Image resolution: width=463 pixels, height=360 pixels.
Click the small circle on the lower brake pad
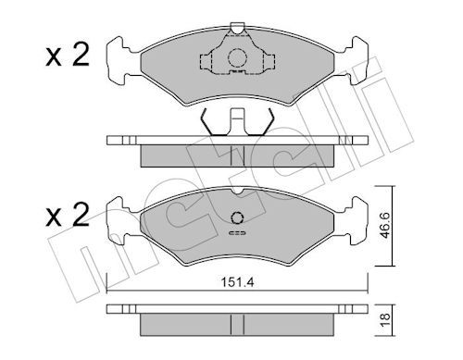coord(236,219)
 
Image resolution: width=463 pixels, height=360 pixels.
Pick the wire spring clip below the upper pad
coord(236,121)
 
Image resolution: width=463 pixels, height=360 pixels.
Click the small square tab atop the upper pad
coord(236,28)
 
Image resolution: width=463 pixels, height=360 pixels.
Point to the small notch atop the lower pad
coord(236,192)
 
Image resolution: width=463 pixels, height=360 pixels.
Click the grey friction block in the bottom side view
coord(236,323)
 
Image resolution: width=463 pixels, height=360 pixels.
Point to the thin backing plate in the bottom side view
coord(236,309)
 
